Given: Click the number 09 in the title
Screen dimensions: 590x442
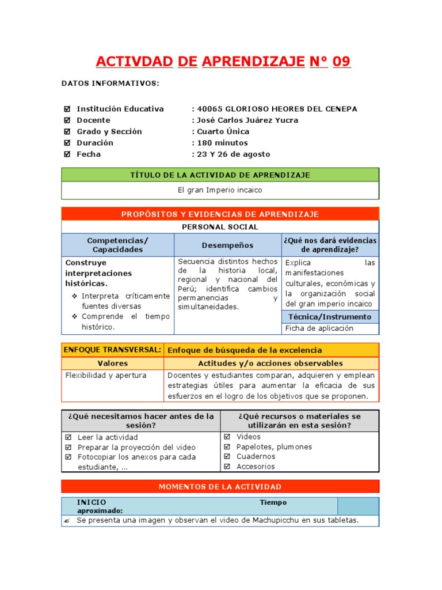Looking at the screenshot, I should tap(341, 62).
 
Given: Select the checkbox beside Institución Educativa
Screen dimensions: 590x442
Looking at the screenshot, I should tap(67, 109).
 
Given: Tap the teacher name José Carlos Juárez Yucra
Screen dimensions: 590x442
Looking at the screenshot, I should tap(247, 120).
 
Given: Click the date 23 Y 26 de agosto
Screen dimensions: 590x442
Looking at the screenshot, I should tap(233, 154).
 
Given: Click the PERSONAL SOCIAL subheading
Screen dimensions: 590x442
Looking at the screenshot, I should tap(220, 227).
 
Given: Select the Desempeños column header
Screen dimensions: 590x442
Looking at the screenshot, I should tap(227, 245).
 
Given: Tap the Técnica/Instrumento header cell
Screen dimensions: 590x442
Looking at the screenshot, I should tap(329, 317).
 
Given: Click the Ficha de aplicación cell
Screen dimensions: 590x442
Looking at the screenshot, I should tap(319, 328).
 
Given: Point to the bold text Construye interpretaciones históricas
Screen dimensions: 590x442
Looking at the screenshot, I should tap(98, 273).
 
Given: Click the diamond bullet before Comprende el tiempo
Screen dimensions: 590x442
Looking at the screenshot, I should tap(75, 317).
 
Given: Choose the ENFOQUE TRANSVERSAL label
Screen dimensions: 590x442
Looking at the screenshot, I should tap(112, 350).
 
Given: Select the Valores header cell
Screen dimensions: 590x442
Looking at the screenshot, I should tap(113, 364).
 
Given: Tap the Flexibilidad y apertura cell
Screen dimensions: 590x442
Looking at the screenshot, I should tap(106, 376).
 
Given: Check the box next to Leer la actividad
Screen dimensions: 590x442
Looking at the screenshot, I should tap(68, 437).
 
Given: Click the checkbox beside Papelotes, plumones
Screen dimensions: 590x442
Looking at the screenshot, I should tap(227, 447).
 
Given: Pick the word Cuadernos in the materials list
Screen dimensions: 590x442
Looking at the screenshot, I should tap(256, 457).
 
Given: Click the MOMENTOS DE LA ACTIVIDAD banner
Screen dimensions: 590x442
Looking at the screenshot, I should tap(220, 487).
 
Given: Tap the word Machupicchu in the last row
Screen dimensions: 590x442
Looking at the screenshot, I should tap(275, 520).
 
